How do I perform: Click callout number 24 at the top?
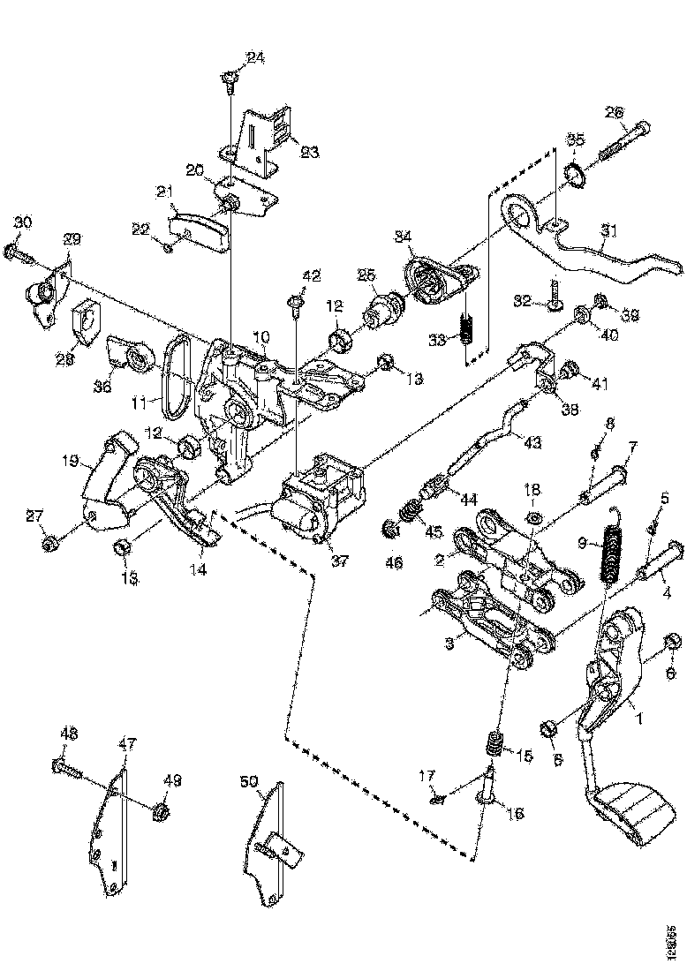[255, 59]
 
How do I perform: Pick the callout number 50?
[249, 780]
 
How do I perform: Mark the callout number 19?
[72, 459]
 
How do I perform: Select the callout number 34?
[403, 236]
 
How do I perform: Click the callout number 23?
[309, 151]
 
